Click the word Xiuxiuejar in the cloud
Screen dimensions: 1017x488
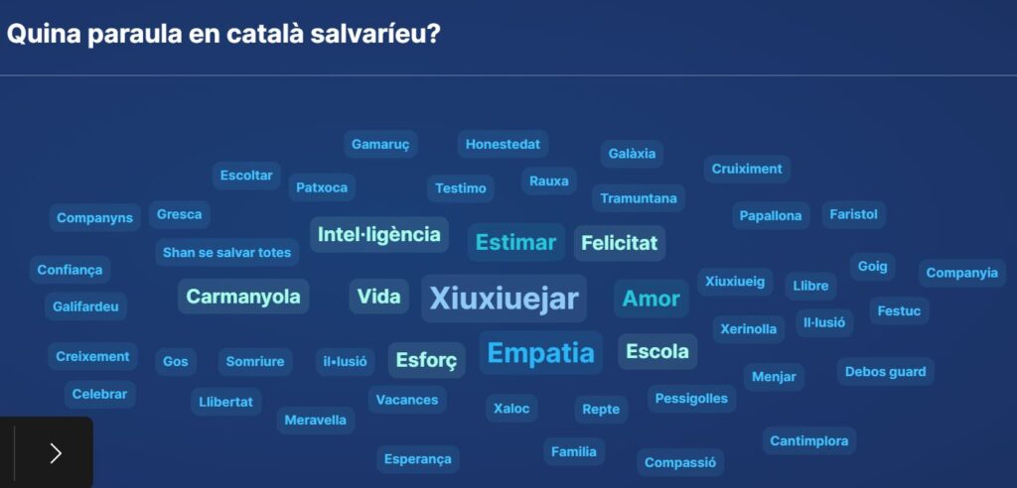(504, 299)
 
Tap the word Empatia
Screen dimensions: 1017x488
(541, 353)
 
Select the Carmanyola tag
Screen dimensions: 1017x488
(243, 297)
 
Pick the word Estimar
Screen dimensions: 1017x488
(515, 242)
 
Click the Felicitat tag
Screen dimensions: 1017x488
(620, 243)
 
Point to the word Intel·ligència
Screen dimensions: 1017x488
(379, 234)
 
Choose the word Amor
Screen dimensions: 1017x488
(652, 299)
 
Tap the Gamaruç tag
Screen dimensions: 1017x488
(380, 144)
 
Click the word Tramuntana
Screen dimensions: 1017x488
(639, 198)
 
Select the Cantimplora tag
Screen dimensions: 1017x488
(808, 440)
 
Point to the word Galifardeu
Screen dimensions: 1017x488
(85, 305)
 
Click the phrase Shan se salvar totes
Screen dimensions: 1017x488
(227, 252)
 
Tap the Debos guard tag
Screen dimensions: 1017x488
(885, 372)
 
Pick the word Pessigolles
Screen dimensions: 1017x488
(691, 399)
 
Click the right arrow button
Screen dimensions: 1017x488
(56, 453)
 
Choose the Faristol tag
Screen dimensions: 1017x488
(853, 214)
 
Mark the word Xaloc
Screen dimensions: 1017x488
(511, 409)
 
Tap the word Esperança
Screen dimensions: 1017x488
(418, 459)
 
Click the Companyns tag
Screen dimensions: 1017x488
(94, 218)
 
